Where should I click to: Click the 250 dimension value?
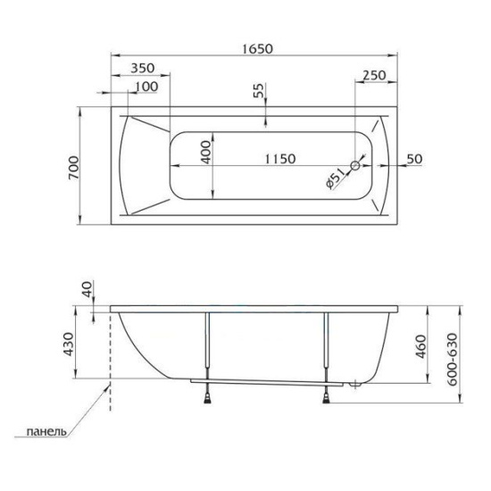(x=372, y=77)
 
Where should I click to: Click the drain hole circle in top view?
(x=355, y=166)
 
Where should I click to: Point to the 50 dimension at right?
(x=413, y=158)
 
